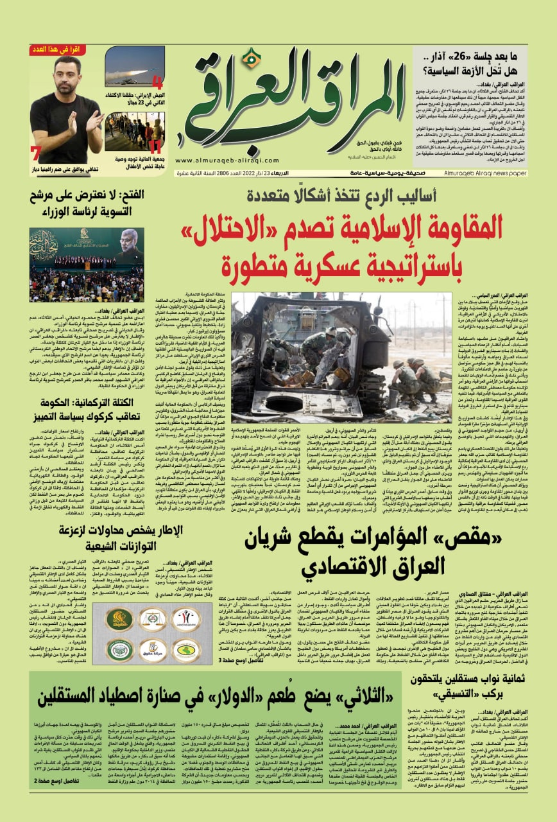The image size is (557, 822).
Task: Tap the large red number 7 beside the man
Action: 36,153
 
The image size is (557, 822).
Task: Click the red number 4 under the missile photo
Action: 157,83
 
